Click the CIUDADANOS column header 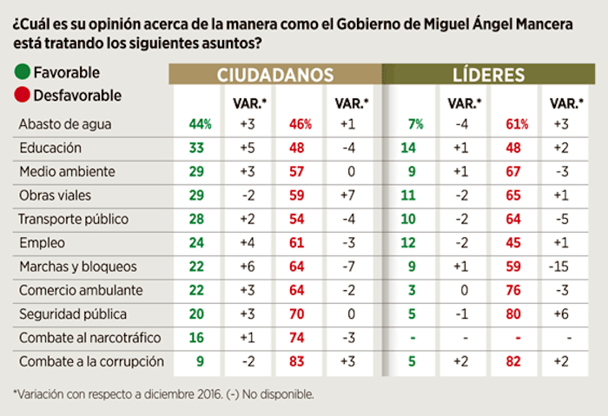[x=274, y=76]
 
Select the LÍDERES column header [x=487, y=76]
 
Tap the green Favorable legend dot [x=20, y=72]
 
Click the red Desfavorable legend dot [x=20, y=95]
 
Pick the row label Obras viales [x=53, y=195]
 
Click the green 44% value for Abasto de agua [x=200, y=125]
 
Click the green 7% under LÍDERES [x=416, y=125]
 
